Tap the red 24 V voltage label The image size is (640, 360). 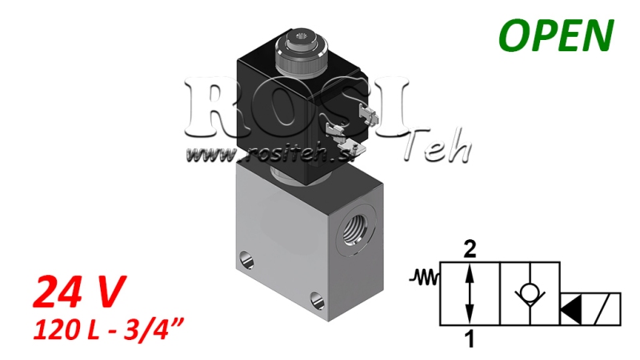(79, 292)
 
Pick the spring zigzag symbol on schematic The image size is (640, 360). (425, 278)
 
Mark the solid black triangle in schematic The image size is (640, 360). (573, 308)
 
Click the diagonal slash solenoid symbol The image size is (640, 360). (606, 308)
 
